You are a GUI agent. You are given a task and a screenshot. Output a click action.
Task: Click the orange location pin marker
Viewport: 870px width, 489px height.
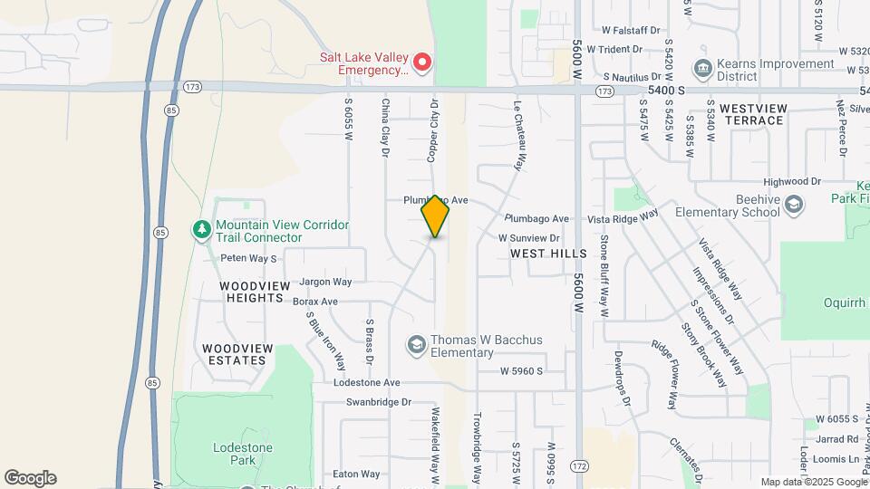[x=435, y=216]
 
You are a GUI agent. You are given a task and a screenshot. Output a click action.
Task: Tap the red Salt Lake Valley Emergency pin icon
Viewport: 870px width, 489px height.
[x=421, y=62]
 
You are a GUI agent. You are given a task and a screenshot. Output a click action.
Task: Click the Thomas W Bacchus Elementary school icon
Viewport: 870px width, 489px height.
[x=416, y=345]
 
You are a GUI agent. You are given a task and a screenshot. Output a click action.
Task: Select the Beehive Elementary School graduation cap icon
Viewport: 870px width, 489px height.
[x=794, y=206]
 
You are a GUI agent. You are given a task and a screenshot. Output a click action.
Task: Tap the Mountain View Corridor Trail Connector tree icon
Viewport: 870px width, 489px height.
[x=201, y=231]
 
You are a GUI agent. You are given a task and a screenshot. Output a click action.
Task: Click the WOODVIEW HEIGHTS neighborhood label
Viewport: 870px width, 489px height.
[x=256, y=292]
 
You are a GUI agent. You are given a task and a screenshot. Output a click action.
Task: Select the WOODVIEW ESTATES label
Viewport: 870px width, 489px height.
[x=234, y=354]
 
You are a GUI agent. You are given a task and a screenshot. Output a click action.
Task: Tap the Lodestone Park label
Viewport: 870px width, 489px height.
[x=236, y=454]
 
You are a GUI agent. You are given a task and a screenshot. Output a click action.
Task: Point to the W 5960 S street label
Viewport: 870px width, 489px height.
[x=521, y=371]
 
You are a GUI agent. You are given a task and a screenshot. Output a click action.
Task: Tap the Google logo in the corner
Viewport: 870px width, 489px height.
[x=30, y=477]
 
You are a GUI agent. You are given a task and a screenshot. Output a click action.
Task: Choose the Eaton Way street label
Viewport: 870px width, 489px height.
[x=356, y=474]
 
